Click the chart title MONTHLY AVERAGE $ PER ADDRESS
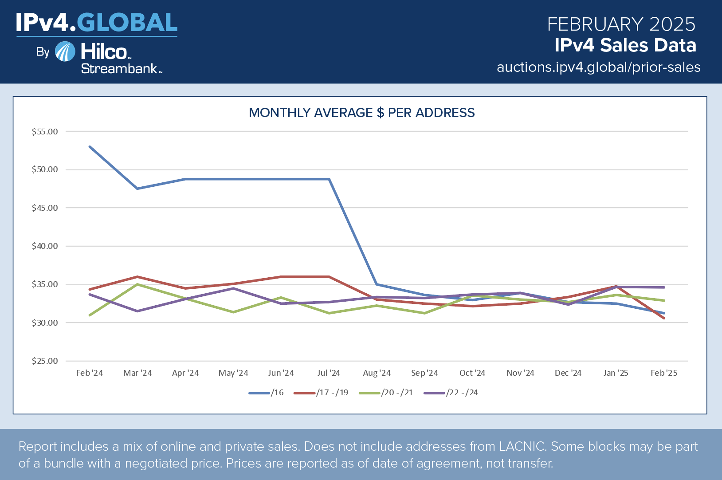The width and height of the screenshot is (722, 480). pyautogui.click(x=361, y=113)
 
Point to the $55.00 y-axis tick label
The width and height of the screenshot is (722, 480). pyautogui.click(x=45, y=132)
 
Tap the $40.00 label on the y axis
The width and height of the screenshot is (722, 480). pyautogui.click(x=45, y=246)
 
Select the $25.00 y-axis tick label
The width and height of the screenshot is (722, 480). pyautogui.click(x=45, y=361)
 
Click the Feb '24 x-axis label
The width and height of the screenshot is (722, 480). pyautogui.click(x=90, y=373)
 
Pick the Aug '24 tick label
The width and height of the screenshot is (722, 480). pyautogui.click(x=377, y=373)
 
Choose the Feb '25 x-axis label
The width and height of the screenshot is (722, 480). pyautogui.click(x=664, y=373)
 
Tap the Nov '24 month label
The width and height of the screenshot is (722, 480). pyautogui.click(x=520, y=373)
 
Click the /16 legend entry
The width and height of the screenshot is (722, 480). pyautogui.click(x=266, y=393)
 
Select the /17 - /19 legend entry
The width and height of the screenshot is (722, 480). pyautogui.click(x=321, y=393)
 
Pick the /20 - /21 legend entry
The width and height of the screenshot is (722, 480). pyautogui.click(x=386, y=393)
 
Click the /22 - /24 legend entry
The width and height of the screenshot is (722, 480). pyautogui.click(x=451, y=393)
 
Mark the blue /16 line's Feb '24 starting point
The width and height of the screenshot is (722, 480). pyautogui.click(x=90, y=146)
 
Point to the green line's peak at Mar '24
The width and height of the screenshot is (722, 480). pyautogui.click(x=138, y=284)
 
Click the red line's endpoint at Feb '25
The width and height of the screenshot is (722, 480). pyautogui.click(x=664, y=318)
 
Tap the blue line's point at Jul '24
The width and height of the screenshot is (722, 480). pyautogui.click(x=329, y=179)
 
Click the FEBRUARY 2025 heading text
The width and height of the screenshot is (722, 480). pyautogui.click(x=621, y=24)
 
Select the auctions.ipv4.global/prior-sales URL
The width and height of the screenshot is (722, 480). pyautogui.click(x=598, y=67)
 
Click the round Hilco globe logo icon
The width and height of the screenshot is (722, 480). pyautogui.click(x=65, y=51)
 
